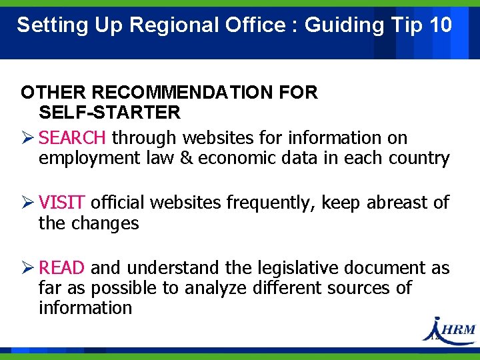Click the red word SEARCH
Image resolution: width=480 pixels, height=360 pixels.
72,138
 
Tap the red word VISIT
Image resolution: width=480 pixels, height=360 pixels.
62,203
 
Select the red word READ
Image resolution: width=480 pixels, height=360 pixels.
62,268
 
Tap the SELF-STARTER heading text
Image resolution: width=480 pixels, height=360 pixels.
109,112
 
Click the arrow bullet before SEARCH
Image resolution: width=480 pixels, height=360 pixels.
27,138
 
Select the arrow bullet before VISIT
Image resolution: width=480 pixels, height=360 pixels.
27,203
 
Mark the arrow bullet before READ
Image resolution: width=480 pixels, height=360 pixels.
27,268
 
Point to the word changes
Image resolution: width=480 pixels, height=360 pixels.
106,223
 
